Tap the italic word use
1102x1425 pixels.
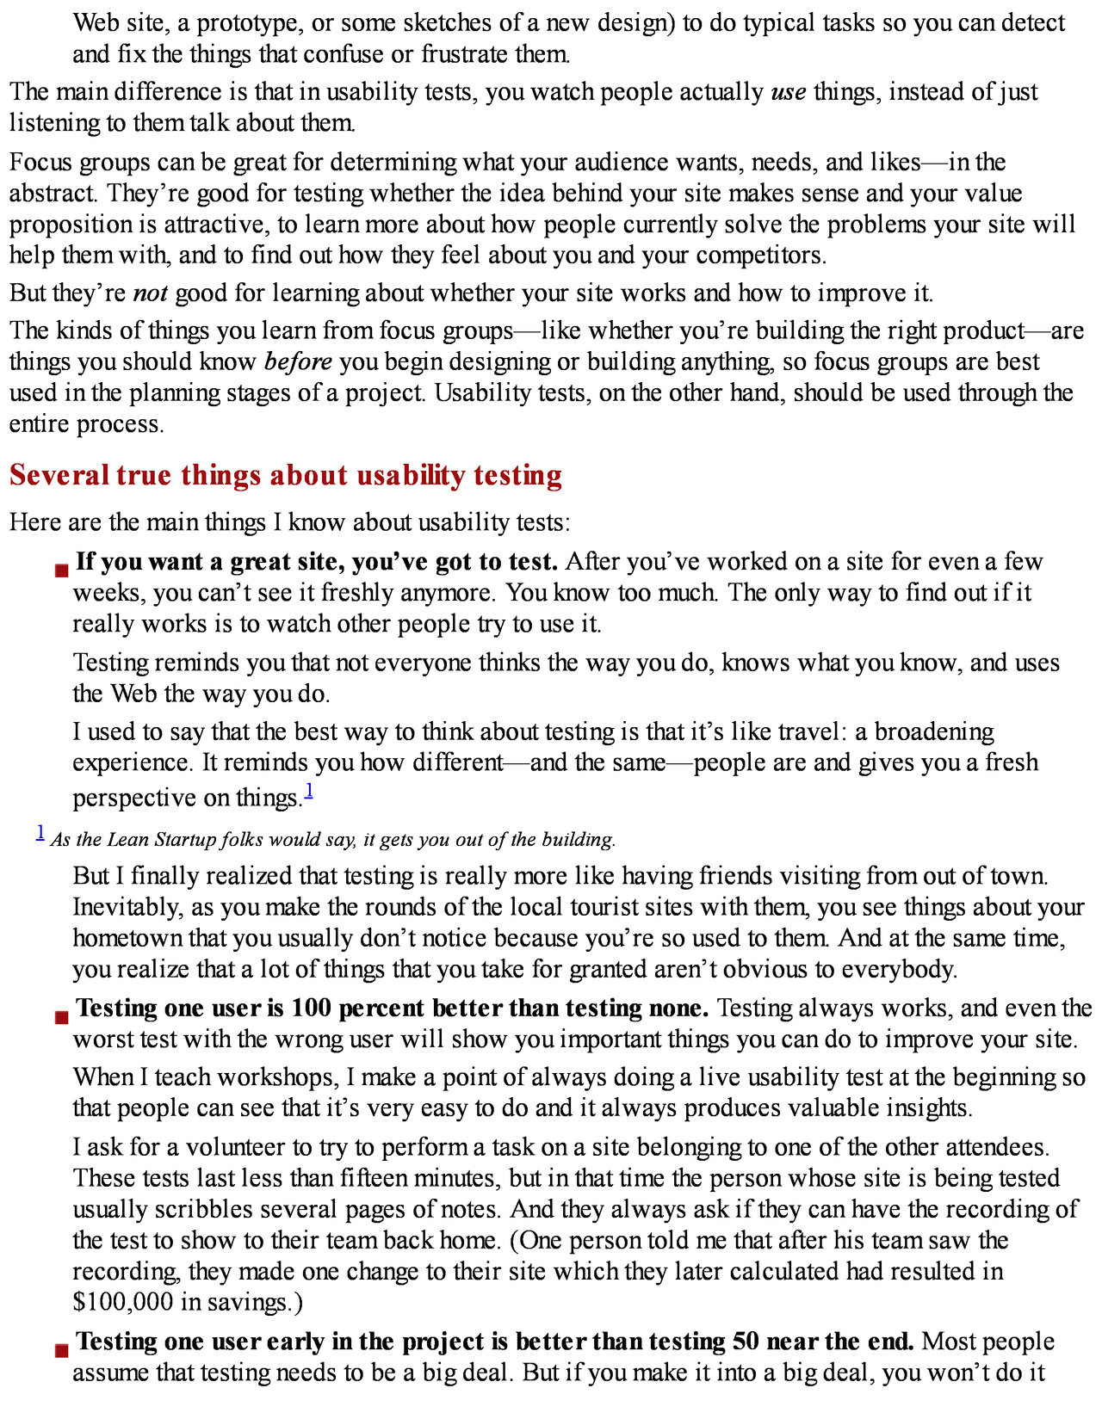(x=788, y=91)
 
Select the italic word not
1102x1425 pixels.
(x=150, y=293)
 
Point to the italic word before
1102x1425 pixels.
(x=298, y=361)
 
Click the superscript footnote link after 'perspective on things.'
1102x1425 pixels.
(x=309, y=790)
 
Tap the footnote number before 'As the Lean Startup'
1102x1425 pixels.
(x=40, y=831)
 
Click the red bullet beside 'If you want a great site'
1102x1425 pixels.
(x=61, y=570)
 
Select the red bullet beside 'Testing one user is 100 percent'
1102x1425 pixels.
(x=61, y=1017)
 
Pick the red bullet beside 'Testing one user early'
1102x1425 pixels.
(x=61, y=1350)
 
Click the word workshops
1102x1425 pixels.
(x=273, y=1077)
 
